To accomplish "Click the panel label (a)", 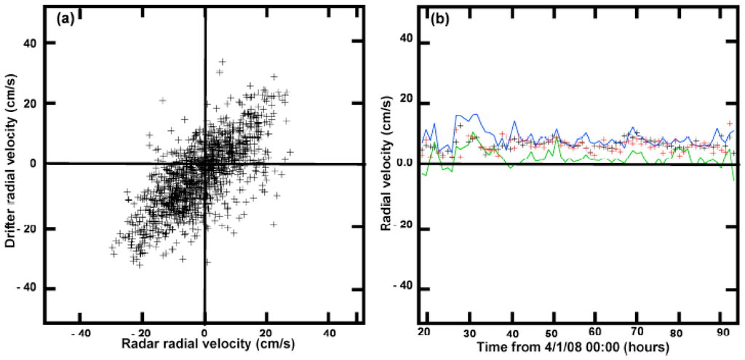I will (x=64, y=19).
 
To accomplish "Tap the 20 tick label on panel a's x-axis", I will (x=267, y=334).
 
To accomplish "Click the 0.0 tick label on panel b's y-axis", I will (x=404, y=164).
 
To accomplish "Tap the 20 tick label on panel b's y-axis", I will (x=405, y=103).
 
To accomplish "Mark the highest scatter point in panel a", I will (x=223, y=62).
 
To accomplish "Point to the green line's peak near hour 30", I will (x=474, y=133).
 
